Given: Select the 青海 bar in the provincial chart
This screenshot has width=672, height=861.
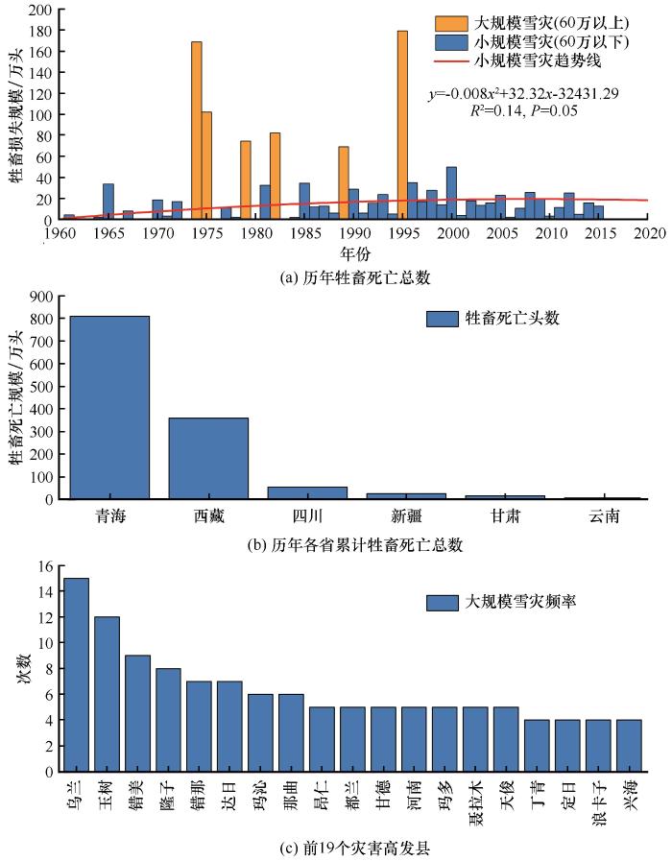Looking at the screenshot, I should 109,407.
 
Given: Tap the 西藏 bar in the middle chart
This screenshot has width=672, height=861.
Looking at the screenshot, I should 208,458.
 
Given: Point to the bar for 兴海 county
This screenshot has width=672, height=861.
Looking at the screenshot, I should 629,745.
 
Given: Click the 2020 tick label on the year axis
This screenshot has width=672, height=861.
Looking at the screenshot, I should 649,233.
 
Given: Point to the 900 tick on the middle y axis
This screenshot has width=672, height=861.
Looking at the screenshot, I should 41,296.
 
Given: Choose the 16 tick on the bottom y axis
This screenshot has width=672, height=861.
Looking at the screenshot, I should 44,565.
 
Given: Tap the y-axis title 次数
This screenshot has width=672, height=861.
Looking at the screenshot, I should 24,668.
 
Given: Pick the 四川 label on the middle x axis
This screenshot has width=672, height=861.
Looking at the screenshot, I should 307,516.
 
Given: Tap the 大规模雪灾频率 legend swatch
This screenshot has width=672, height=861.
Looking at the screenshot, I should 442,603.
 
